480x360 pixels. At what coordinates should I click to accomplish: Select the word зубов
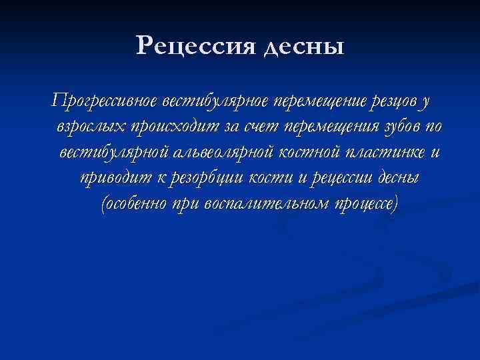(387, 127)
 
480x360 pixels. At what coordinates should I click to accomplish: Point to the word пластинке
(384, 152)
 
